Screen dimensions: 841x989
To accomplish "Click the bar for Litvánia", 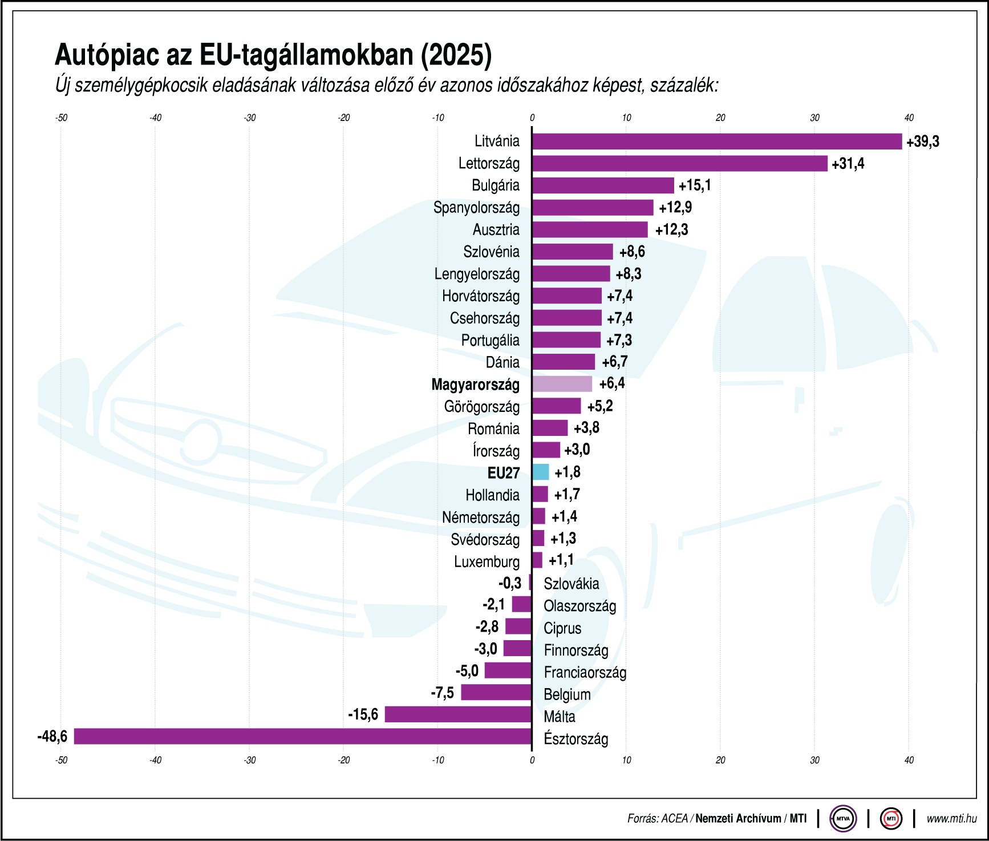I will [x=717, y=141].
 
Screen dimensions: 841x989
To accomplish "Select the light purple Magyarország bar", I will [x=562, y=384].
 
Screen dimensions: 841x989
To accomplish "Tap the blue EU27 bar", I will [x=541, y=472].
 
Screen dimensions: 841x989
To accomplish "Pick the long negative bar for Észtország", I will [x=303, y=737].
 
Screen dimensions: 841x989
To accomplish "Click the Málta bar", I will [x=458, y=714].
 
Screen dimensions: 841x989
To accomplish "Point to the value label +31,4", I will [x=848, y=164].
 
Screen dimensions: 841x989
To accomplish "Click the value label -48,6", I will [x=52, y=737].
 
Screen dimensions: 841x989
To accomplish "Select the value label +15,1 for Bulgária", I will [x=695, y=185].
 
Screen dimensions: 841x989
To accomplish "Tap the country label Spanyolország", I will [x=476, y=208].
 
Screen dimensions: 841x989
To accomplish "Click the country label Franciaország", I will [x=585, y=673].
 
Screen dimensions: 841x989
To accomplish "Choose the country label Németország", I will [x=480, y=517].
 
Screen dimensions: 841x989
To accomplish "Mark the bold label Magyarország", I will [x=475, y=385].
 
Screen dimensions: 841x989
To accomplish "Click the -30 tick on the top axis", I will [x=249, y=118].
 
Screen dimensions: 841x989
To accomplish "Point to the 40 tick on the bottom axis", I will [x=909, y=761].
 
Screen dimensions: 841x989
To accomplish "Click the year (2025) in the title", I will [x=456, y=55].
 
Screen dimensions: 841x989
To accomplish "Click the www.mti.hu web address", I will [x=951, y=819].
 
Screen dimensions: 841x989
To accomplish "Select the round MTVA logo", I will [x=843, y=819].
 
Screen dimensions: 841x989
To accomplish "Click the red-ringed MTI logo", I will [x=891, y=819].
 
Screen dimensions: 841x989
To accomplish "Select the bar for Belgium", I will [x=496, y=693].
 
